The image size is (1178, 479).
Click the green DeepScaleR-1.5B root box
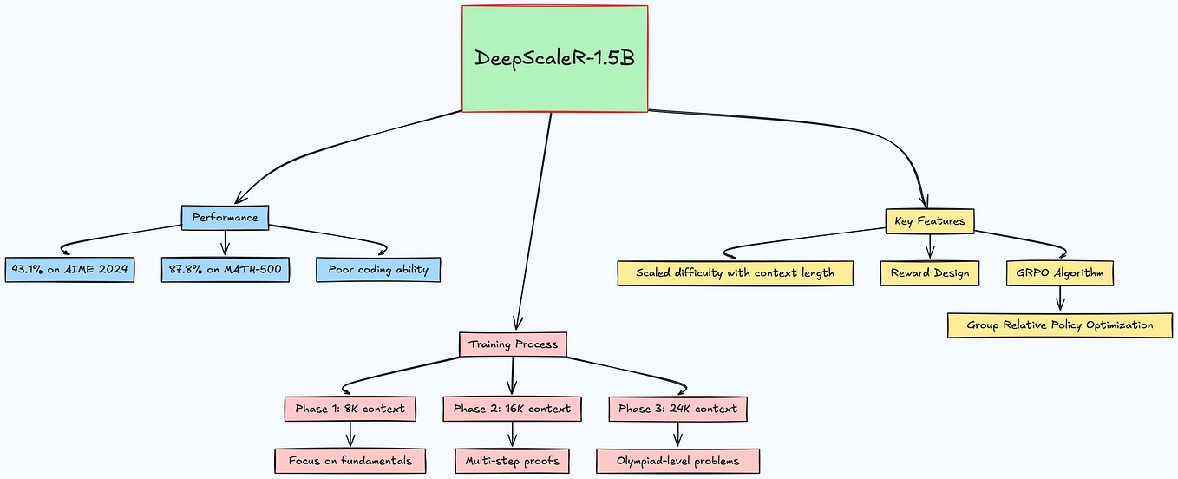click(x=555, y=59)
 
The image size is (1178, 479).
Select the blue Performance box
click(x=226, y=217)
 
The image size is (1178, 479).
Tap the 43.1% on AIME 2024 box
click(x=69, y=270)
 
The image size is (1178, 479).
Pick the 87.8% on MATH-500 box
click(x=225, y=270)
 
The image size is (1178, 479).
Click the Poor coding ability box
click(x=378, y=270)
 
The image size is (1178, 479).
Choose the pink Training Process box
click(x=513, y=344)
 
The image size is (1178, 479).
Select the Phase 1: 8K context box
click(x=350, y=408)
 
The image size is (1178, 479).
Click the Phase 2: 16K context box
click(x=512, y=408)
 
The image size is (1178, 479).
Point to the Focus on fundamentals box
click(x=350, y=461)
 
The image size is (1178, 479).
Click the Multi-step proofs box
click(x=512, y=461)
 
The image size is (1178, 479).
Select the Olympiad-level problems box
click(x=678, y=461)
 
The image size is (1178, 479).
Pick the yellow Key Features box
click(x=930, y=221)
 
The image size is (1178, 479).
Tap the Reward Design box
click(x=930, y=273)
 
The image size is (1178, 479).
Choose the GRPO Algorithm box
click(x=1060, y=273)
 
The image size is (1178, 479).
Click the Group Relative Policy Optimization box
click(x=1060, y=325)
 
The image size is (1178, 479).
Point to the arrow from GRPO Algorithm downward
click(x=1060, y=299)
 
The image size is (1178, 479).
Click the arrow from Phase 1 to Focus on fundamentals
click(x=350, y=434)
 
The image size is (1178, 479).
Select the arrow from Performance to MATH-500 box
click(x=226, y=243)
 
